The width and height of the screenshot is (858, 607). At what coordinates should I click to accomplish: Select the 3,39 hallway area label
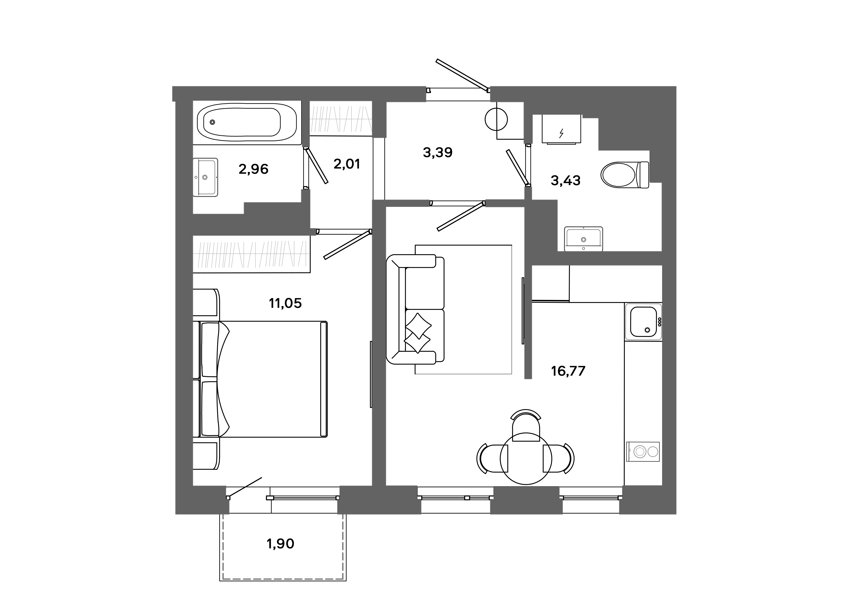click(438, 152)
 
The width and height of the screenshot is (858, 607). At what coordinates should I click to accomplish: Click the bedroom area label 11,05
click(285, 303)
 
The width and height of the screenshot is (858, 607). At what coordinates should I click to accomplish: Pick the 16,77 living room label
click(568, 371)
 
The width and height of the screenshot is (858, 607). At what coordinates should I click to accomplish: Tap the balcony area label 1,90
click(280, 544)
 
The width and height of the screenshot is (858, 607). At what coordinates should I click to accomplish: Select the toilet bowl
click(618, 175)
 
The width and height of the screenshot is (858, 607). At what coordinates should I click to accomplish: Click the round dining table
click(526, 459)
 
